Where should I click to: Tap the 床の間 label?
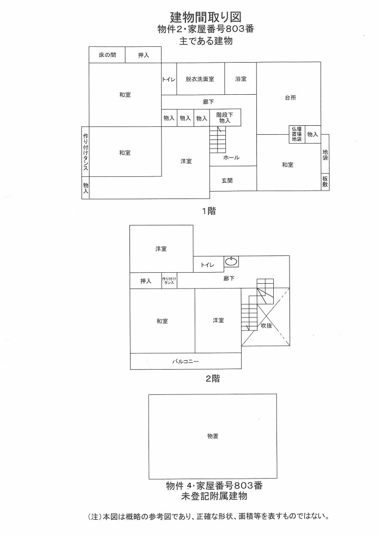coord(107,55)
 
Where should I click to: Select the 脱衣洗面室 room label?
coord(200,79)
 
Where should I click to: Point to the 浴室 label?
coord(241,79)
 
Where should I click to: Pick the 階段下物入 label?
coord(224,117)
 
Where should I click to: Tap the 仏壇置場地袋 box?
coord(296,134)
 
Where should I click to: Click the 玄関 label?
coord(227,180)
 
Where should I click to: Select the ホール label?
coord(231,157)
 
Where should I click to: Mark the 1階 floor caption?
coord(209,211)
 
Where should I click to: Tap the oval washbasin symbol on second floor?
coord(231,261)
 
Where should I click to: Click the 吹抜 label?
coord(266,325)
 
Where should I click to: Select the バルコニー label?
coord(185,361)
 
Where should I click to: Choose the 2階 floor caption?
coord(212,378)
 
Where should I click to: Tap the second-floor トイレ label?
coord(207,265)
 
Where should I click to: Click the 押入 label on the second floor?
coord(146,281)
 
